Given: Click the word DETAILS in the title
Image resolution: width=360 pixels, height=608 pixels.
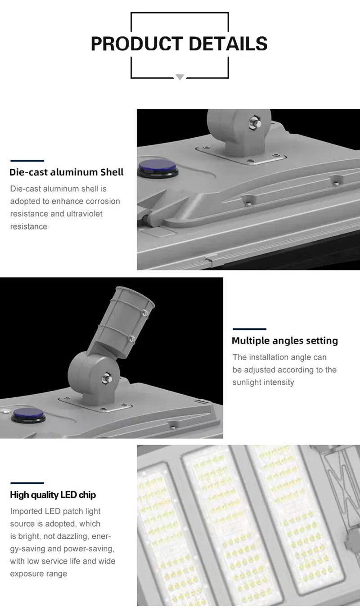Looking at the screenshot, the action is (x=228, y=43).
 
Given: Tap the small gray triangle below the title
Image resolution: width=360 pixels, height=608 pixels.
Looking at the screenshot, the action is (x=180, y=77).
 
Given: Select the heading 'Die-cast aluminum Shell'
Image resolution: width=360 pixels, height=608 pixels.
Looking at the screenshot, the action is (x=66, y=172).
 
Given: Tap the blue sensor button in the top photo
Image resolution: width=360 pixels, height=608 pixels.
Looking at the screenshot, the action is (x=157, y=167).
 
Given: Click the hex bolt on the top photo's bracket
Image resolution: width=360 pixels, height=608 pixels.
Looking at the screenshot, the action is (x=255, y=122).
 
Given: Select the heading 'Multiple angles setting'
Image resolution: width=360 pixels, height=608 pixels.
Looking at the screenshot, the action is (x=285, y=341).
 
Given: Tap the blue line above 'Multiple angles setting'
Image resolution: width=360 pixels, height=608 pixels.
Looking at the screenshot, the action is (x=249, y=329).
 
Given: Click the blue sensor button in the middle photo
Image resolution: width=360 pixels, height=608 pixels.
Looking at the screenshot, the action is (x=28, y=414).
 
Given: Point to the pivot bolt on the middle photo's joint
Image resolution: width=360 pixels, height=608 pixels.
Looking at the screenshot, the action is (x=106, y=378).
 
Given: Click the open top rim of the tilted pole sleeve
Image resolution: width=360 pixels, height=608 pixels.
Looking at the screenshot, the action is (x=135, y=295).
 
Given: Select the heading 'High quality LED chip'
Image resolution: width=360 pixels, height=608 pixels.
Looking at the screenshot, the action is (x=53, y=495).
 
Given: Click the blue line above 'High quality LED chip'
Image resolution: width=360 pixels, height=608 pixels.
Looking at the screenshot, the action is (x=27, y=483).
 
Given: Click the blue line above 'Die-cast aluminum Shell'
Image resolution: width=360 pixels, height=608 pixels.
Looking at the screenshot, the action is (x=27, y=161).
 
